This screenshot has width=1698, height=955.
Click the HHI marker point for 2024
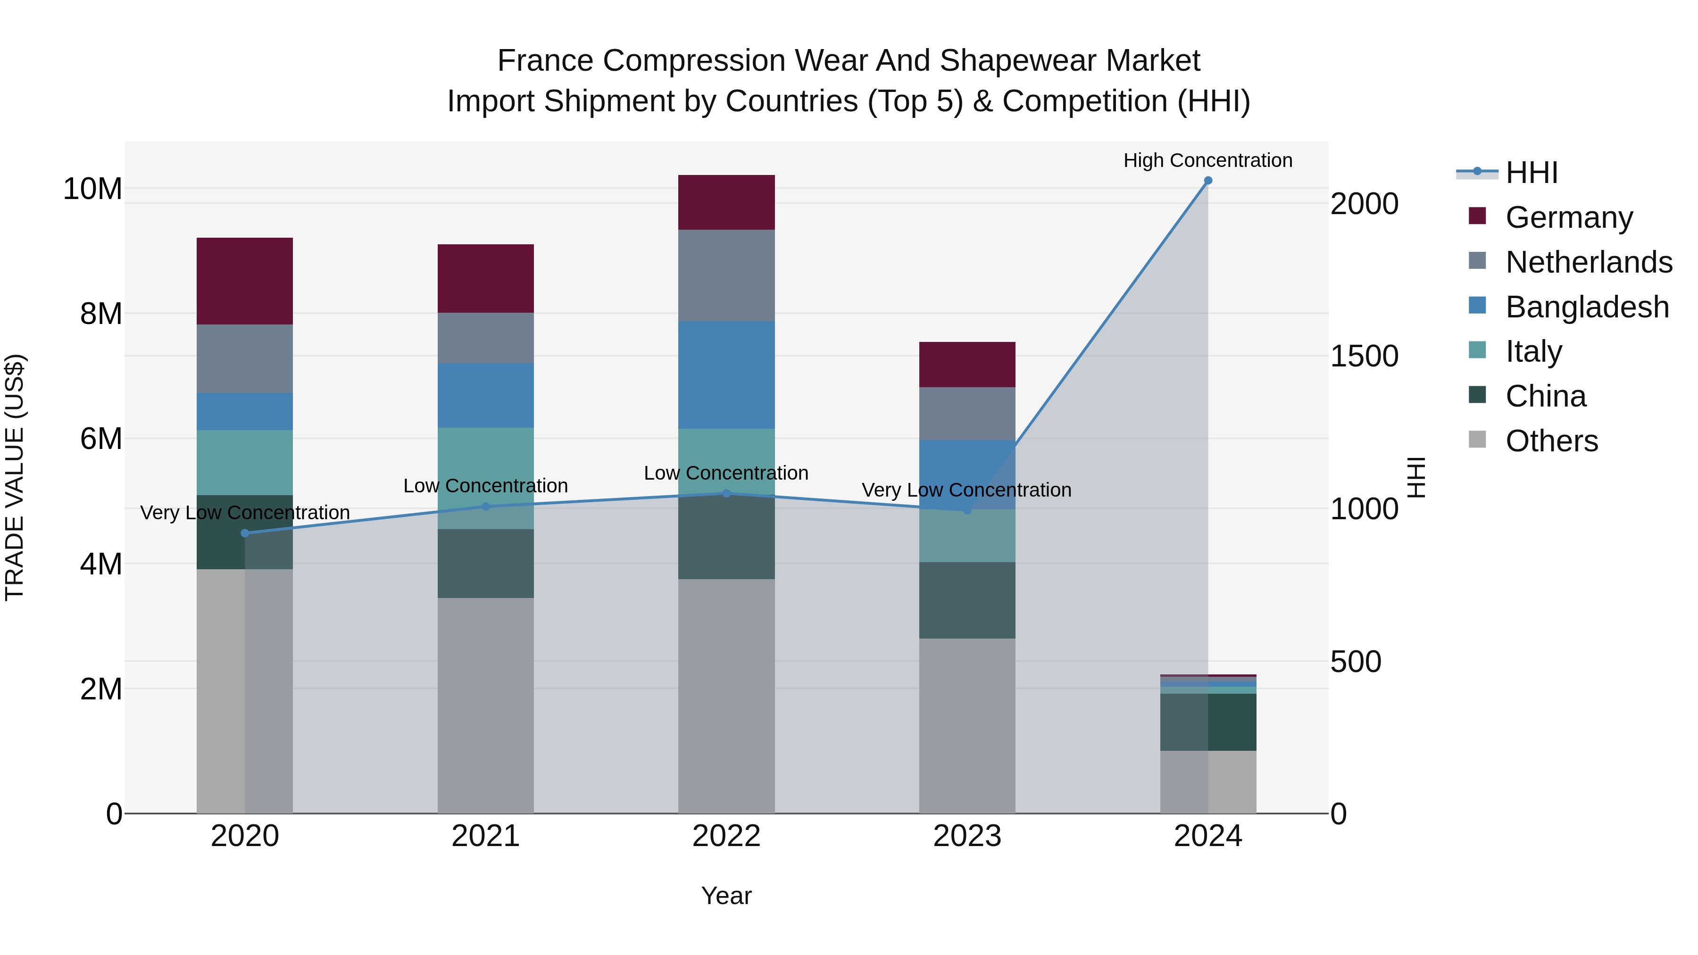click(x=1207, y=181)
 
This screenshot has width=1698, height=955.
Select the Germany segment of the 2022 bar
click(x=726, y=202)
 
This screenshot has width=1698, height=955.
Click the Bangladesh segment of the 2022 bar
click(x=726, y=375)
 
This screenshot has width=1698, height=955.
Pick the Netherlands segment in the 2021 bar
click(x=486, y=338)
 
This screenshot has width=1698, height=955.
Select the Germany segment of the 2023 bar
click(x=967, y=365)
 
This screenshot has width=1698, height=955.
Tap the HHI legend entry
click(x=1531, y=173)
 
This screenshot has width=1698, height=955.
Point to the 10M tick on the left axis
click(x=92, y=189)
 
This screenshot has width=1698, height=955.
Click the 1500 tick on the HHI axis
click(x=1364, y=356)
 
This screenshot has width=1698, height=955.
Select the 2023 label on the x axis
click(x=967, y=836)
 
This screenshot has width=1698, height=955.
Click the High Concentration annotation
click(x=1207, y=160)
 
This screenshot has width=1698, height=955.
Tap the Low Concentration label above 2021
click(x=486, y=486)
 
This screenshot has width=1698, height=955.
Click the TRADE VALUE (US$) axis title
click(x=15, y=477)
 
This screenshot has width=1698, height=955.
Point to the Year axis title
click(x=726, y=896)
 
